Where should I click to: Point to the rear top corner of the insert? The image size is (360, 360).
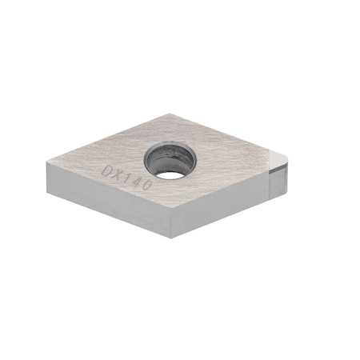178,114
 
